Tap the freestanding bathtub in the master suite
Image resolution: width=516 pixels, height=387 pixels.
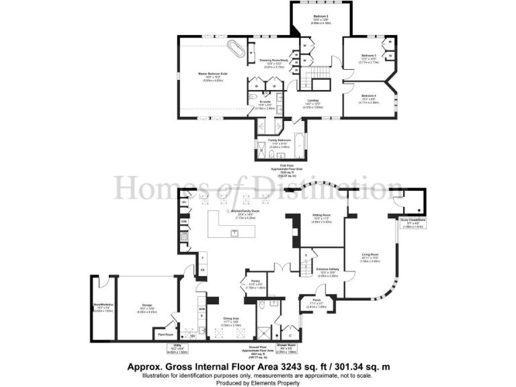point(236,49)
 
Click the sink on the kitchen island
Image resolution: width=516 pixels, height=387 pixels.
point(234,232)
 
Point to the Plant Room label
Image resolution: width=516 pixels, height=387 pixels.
point(165,333)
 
